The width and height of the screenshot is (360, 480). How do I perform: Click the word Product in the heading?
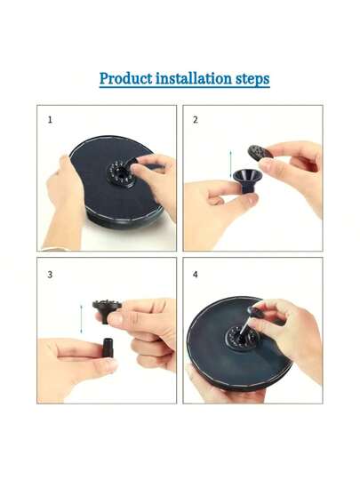click(126, 79)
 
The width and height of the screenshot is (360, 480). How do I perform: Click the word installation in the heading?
click(194, 78)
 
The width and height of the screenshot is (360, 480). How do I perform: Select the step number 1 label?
click(50, 120)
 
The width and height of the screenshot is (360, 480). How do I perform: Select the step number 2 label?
click(196, 120)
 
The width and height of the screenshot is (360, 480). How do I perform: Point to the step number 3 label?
click(50, 275)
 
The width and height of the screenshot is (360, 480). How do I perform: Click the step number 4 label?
click(196, 275)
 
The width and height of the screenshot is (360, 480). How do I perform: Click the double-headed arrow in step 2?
click(231, 164)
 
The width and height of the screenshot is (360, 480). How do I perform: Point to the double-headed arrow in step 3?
click(81, 319)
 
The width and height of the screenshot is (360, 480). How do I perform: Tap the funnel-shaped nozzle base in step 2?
click(245, 181)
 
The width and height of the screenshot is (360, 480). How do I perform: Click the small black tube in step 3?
click(108, 348)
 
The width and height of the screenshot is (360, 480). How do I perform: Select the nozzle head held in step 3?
click(107, 310)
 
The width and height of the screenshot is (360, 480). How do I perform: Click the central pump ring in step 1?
click(121, 173)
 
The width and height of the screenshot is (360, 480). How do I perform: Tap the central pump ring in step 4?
click(242, 338)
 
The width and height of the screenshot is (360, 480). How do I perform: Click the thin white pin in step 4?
click(246, 325)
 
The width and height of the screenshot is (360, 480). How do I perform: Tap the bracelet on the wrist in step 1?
click(55, 249)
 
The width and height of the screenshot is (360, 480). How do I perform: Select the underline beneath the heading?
click(185, 87)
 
